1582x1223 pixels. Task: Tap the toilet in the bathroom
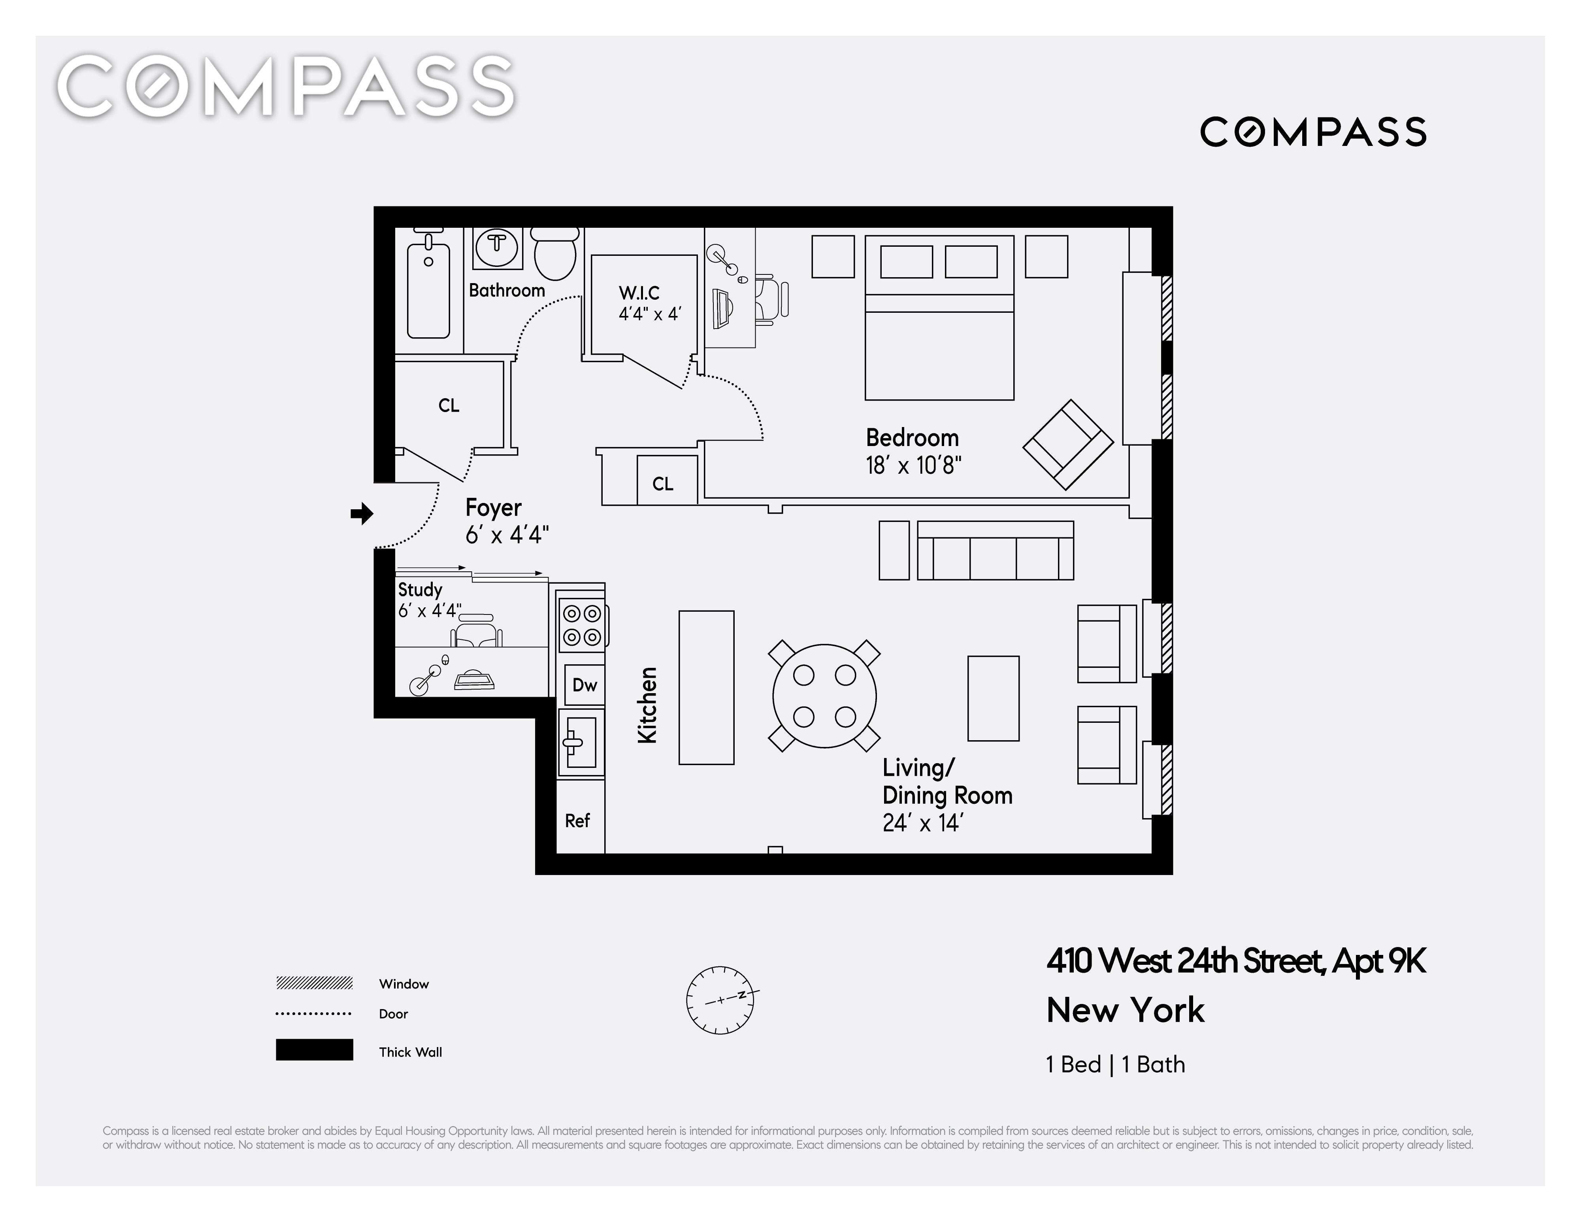(555, 253)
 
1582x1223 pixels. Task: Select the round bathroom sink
(497, 245)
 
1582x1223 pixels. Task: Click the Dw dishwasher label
(585, 685)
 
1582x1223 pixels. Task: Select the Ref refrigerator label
(577, 821)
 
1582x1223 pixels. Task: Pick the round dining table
(824, 696)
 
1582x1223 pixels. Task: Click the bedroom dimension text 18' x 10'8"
(913, 465)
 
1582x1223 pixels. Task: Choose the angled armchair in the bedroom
(1068, 444)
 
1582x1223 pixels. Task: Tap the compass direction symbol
(721, 1000)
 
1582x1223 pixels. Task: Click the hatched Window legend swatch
(314, 983)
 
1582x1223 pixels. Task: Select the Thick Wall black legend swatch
(314, 1050)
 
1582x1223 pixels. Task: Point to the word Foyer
(493, 508)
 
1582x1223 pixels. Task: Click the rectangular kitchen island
(706, 688)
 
